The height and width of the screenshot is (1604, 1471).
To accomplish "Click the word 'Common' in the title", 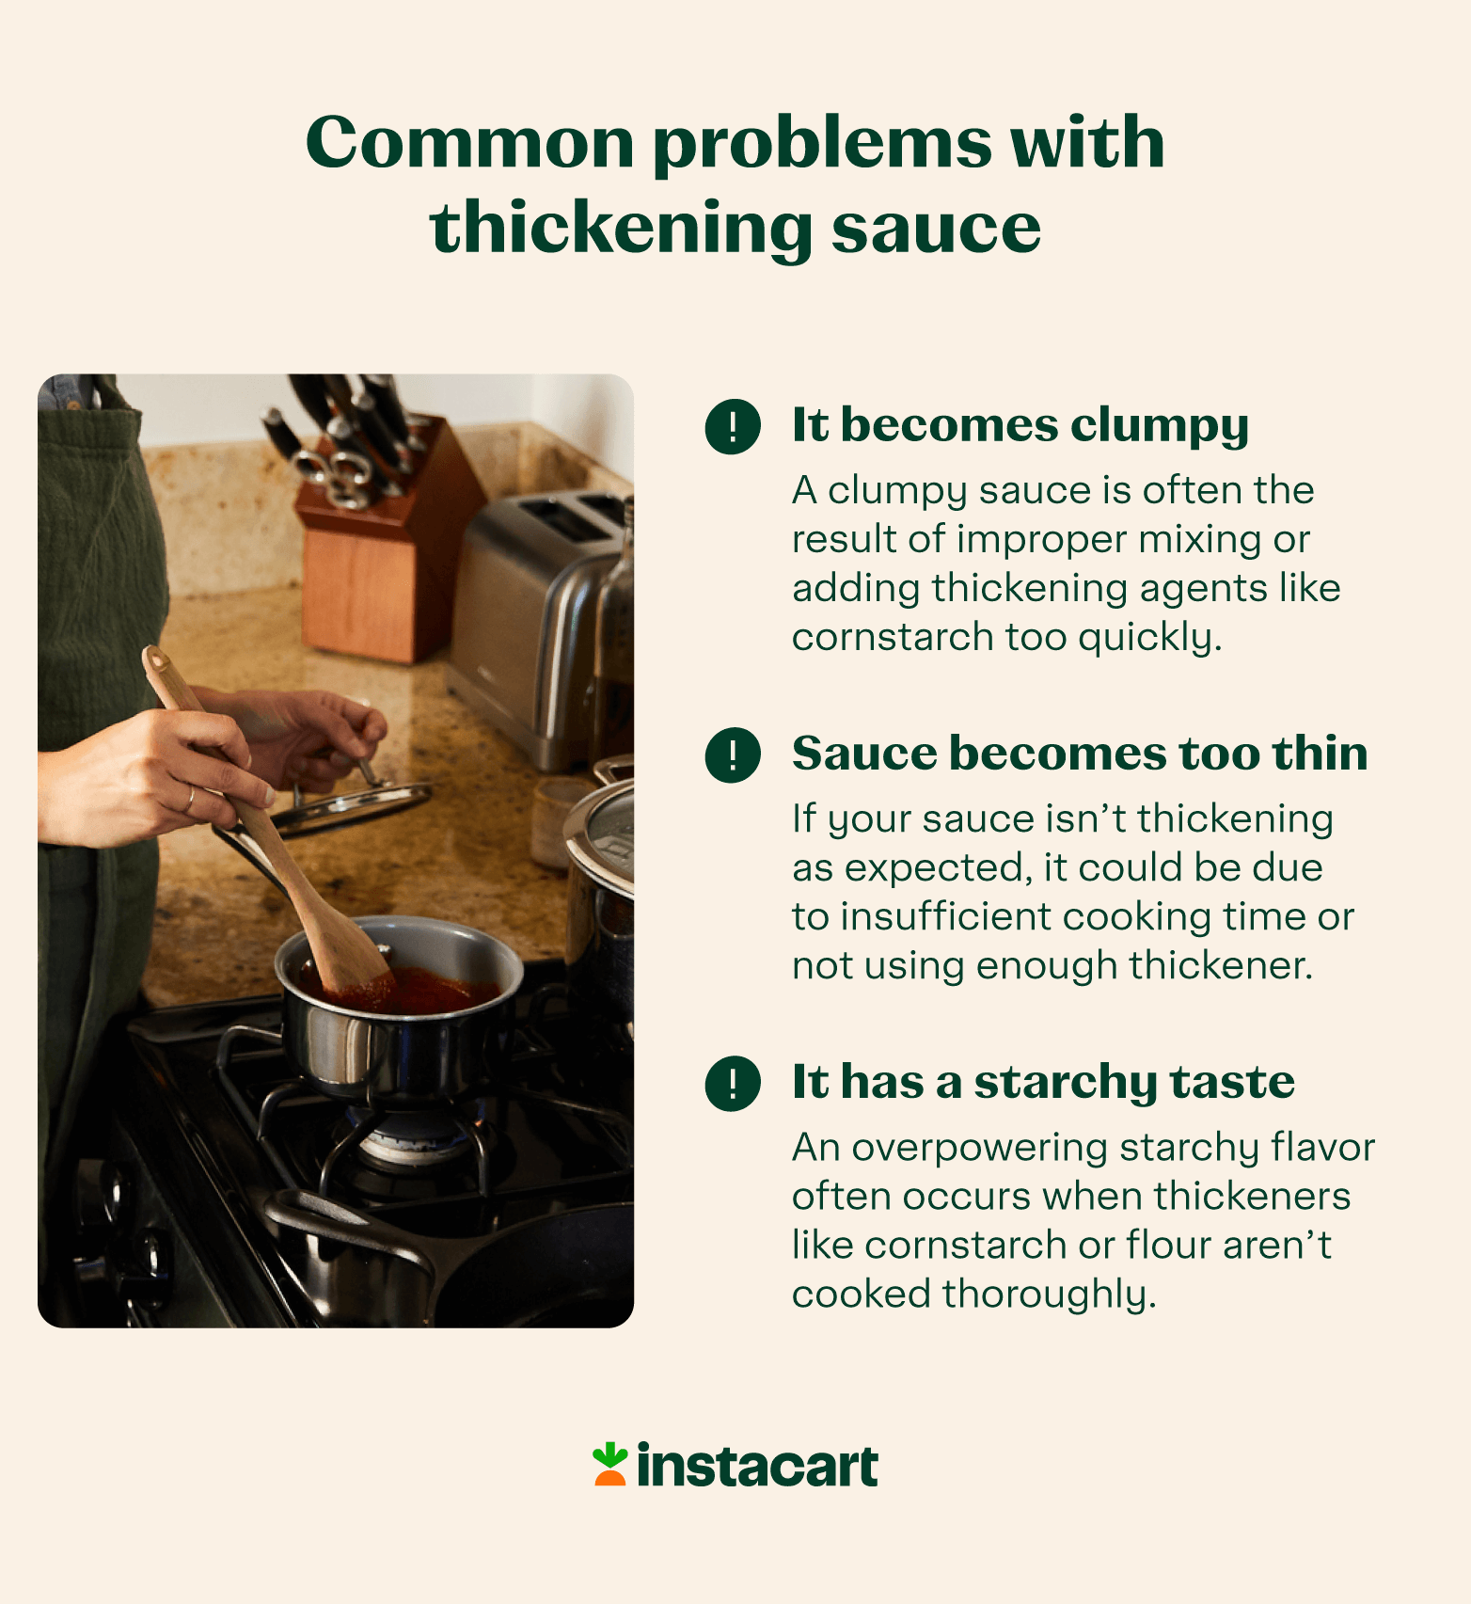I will coord(470,143).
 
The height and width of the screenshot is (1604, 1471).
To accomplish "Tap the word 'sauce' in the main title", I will coord(936,229).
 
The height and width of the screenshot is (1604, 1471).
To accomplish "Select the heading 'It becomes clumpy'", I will coord(1020,425).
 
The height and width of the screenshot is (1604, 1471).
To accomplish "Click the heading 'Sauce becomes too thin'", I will coord(1079,754).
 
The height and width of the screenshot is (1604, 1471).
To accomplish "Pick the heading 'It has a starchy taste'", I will coord(1042,1082).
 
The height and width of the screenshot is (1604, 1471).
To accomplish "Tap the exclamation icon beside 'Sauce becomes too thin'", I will coord(733,754).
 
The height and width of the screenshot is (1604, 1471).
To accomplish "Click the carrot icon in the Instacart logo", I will coord(609,1465).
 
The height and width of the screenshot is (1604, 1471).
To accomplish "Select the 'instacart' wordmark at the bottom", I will coord(757,1467).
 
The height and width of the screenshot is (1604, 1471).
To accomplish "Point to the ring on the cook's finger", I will coord(190,800).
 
